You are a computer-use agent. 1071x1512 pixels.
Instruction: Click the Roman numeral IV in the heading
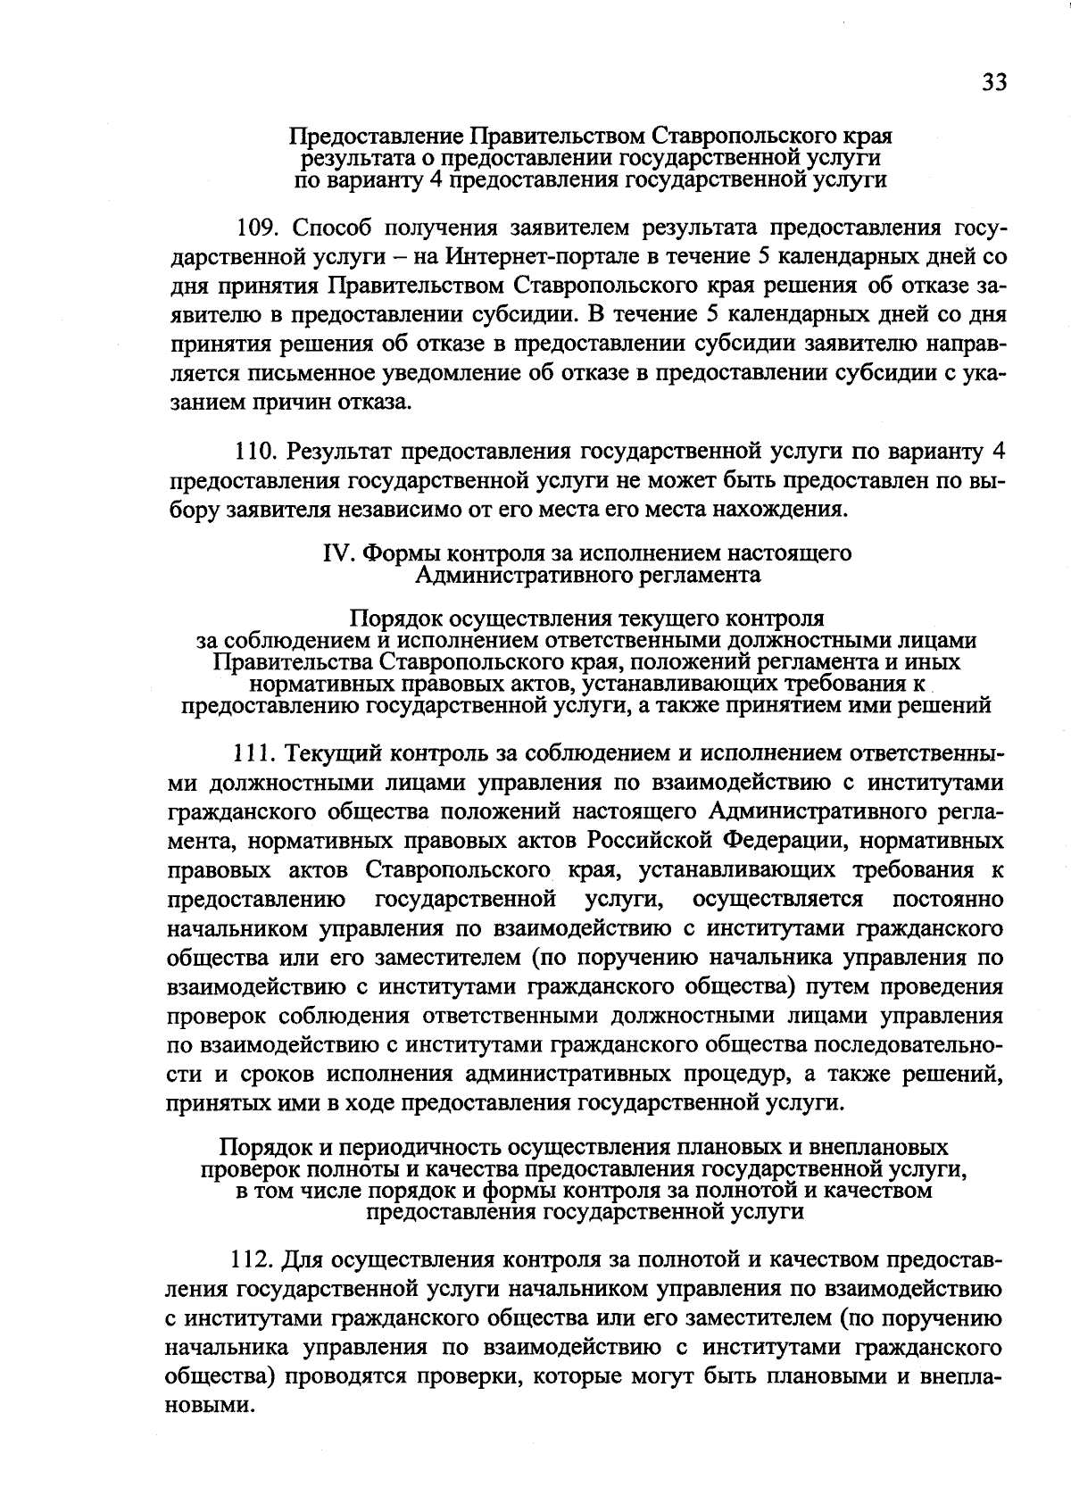(x=336, y=553)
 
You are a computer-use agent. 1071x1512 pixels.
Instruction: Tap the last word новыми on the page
(x=212, y=1406)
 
